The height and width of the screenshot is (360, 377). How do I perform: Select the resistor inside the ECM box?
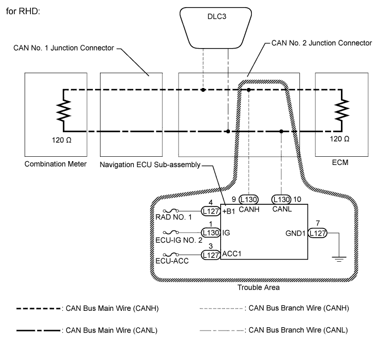click(x=343, y=111)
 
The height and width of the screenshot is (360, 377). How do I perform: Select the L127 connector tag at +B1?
click(x=210, y=210)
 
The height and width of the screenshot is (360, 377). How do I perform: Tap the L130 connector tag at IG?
click(x=210, y=233)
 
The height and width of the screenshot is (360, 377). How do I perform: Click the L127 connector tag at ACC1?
click(x=210, y=255)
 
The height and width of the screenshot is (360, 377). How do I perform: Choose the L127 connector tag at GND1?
click(x=317, y=233)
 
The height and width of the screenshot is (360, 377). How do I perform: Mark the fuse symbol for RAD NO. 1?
click(x=172, y=210)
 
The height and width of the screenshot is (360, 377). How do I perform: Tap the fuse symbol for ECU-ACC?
click(x=172, y=255)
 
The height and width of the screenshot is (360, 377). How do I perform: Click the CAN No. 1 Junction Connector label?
click(x=64, y=49)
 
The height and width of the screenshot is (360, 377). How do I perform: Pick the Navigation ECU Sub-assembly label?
click(x=150, y=163)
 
